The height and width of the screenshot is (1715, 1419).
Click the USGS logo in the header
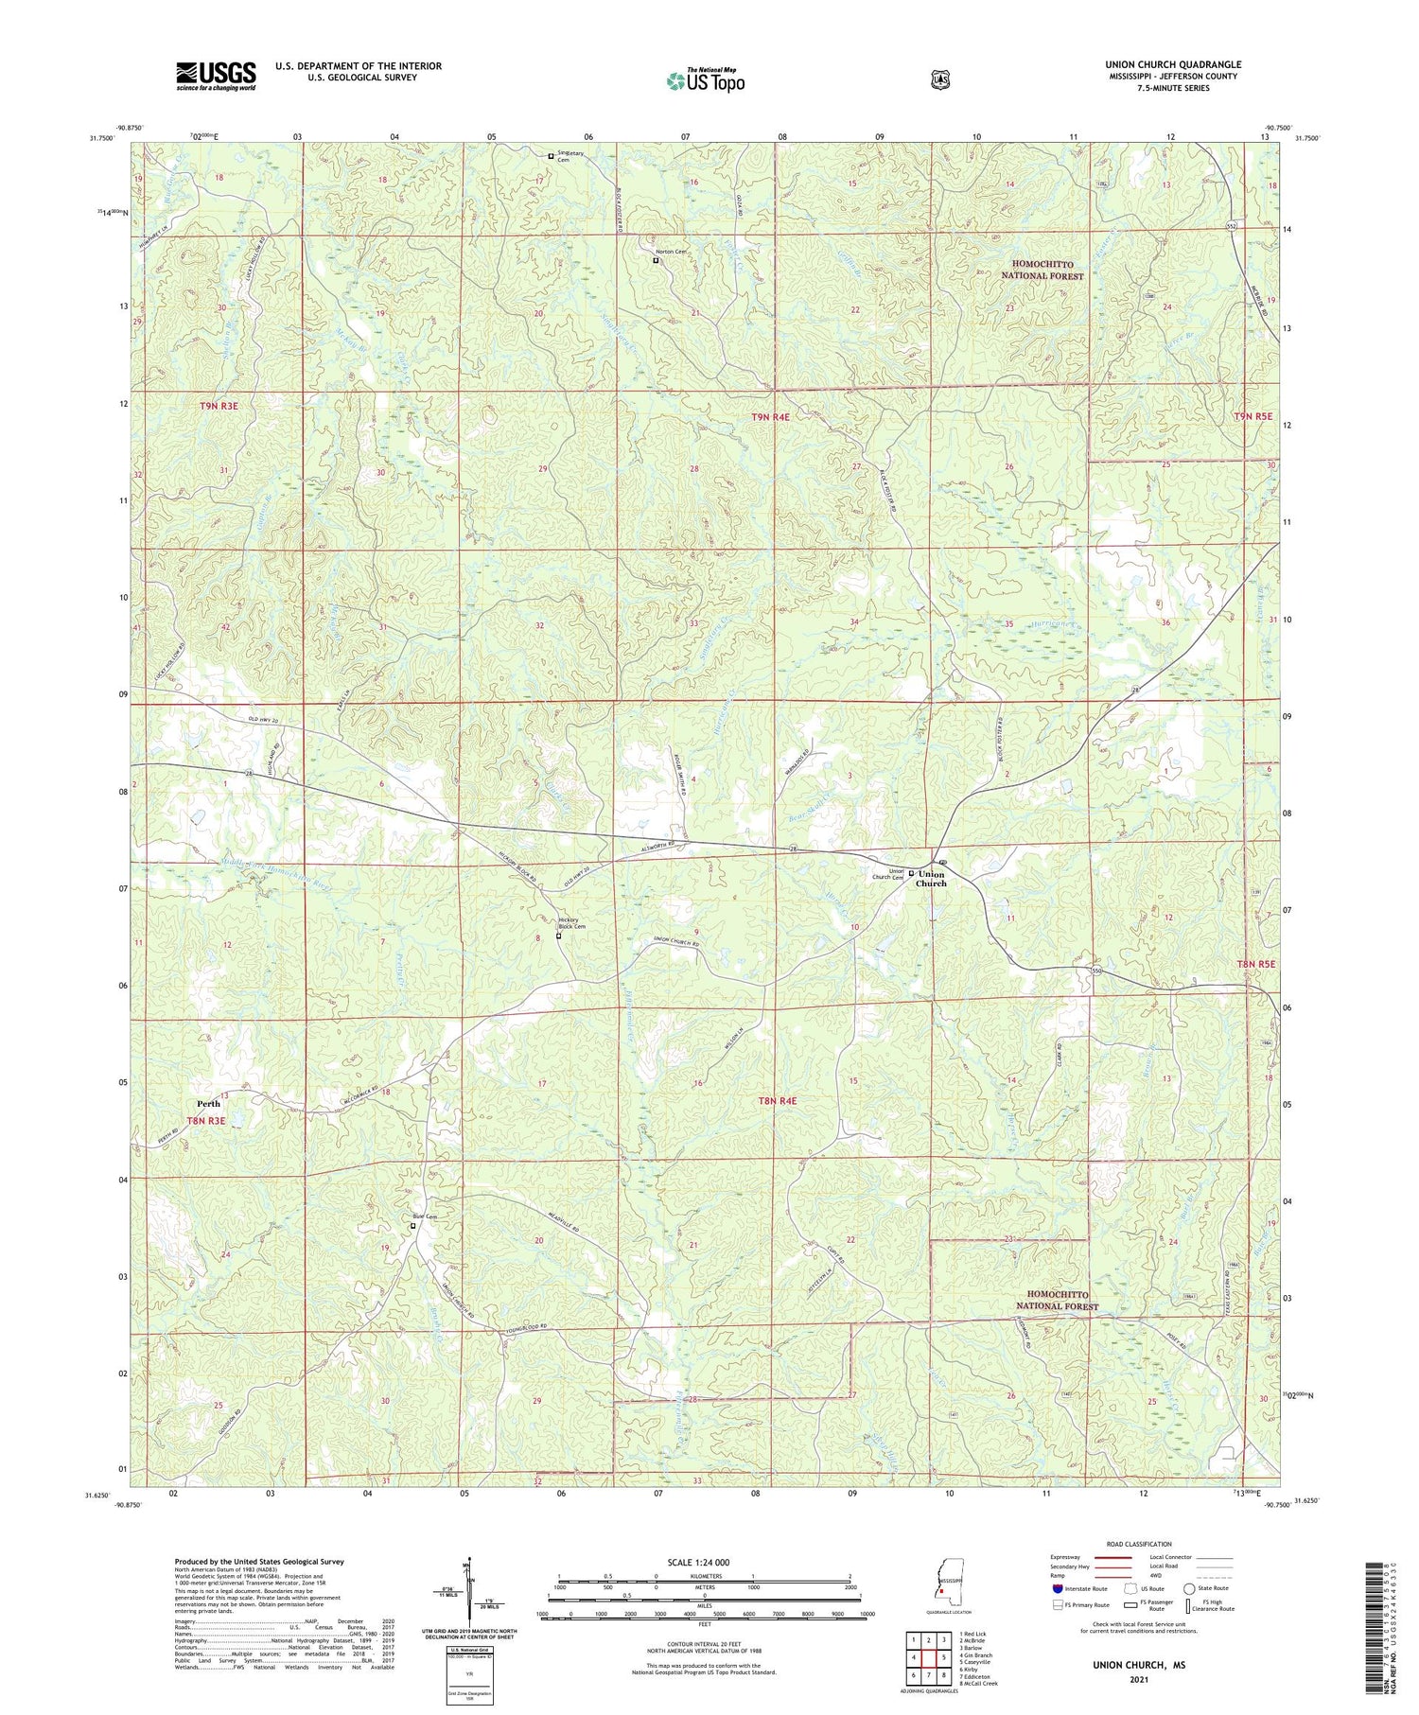pyautogui.click(x=216, y=76)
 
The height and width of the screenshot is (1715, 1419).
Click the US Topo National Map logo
pyautogui.click(x=705, y=80)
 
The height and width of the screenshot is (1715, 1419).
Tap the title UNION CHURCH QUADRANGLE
pyautogui.click(x=1172, y=64)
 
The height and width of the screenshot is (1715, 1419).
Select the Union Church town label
pyautogui.click(x=931, y=879)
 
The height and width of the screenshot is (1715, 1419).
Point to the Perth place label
pyautogui.click(x=208, y=1103)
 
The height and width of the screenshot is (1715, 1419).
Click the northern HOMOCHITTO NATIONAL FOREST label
pyautogui.click(x=1043, y=270)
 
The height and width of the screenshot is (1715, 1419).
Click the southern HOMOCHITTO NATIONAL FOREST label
pyautogui.click(x=1064, y=1301)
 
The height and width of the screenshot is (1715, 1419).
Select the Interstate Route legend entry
pyautogui.click(x=1078, y=1588)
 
